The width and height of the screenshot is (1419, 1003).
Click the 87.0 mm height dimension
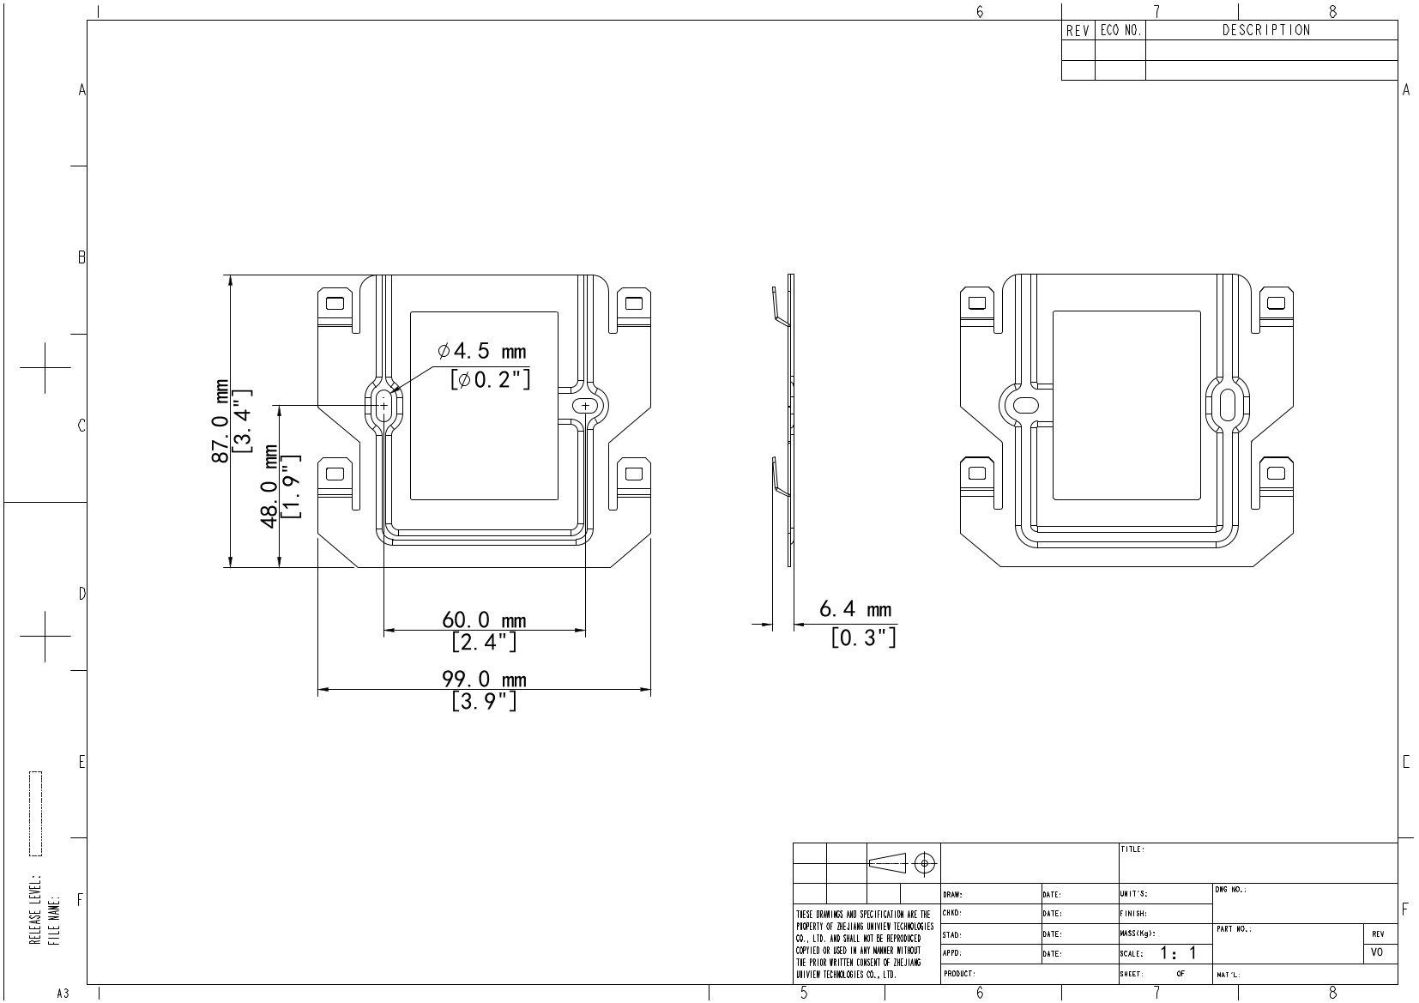coord(220,421)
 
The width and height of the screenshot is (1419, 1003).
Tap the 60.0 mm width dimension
coord(484,619)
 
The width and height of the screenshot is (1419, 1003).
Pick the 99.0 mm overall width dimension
coord(484,680)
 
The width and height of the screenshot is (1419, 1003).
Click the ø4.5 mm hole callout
coord(481,351)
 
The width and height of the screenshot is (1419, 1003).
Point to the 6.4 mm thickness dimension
coord(855,610)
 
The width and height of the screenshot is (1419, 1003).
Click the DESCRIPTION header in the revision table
coord(1266,31)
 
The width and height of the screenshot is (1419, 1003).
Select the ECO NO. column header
coord(1120,31)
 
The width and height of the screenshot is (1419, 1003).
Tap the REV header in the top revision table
coord(1078,31)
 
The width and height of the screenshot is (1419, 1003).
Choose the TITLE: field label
coord(1132,849)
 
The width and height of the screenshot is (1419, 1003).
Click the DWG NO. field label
coord(1231,890)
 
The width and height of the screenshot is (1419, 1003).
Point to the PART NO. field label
coord(1234,929)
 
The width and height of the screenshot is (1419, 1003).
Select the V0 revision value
coord(1377,953)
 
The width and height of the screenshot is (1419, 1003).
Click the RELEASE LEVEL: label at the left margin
coord(35,910)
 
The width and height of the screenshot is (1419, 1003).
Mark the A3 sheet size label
coord(63,994)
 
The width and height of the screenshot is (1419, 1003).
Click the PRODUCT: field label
coord(960,974)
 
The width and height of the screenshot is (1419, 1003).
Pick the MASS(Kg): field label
coord(1138,934)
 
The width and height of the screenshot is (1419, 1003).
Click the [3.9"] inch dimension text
coord(484,702)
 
